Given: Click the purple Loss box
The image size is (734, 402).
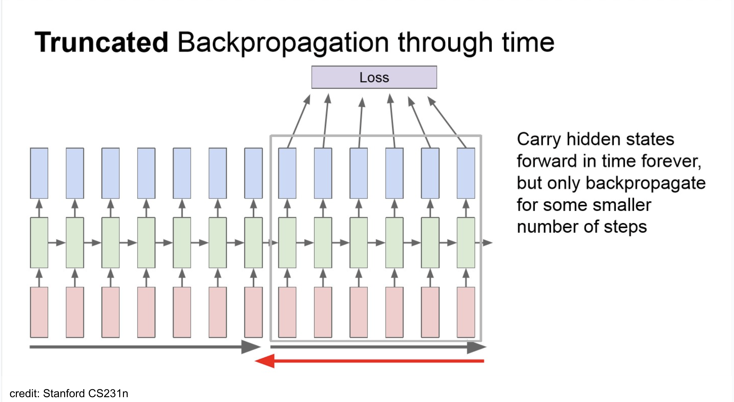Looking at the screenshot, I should click(374, 77).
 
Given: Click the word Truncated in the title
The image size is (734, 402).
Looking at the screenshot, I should click(101, 42).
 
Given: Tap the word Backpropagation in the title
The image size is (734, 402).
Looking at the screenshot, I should click(283, 42).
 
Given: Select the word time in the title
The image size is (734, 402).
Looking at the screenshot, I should click(528, 42).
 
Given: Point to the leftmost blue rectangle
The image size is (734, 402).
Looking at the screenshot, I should click(39, 173).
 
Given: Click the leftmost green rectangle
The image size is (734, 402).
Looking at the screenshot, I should click(39, 243).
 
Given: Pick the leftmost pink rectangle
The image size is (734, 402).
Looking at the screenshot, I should click(39, 312).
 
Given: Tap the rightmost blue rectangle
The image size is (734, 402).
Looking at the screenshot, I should click(466, 173).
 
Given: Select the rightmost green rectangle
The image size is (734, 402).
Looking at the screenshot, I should click(466, 243).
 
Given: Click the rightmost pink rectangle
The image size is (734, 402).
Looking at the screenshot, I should click(466, 312).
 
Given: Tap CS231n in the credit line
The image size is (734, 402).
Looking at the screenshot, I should click(108, 393).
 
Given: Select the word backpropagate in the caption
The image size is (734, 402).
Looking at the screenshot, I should click(645, 183).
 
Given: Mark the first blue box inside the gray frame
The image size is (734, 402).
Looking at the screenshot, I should click(287, 173).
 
